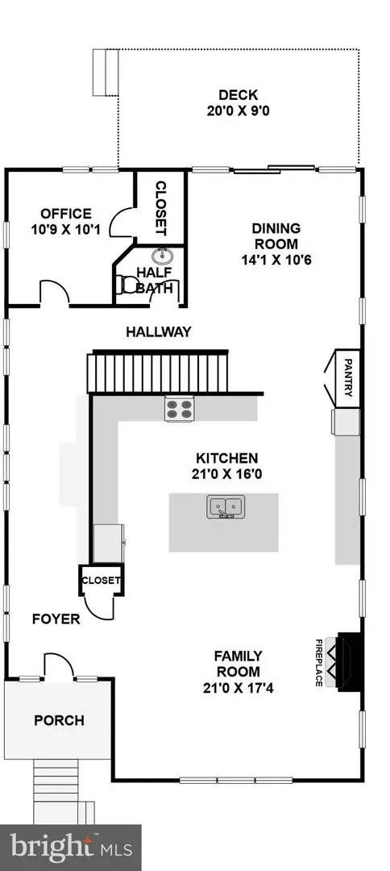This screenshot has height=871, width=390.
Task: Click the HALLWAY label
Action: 158,331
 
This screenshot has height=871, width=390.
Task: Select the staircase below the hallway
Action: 158,371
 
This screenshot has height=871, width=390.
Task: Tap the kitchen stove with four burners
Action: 180,409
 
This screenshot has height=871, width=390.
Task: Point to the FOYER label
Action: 56,619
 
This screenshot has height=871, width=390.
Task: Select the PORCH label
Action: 58,720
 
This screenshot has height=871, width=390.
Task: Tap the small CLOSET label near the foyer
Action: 101,579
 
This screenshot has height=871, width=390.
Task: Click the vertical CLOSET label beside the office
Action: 160,207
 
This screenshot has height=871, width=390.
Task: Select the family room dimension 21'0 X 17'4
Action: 237,687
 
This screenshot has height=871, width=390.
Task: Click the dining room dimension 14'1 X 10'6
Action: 276,260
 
